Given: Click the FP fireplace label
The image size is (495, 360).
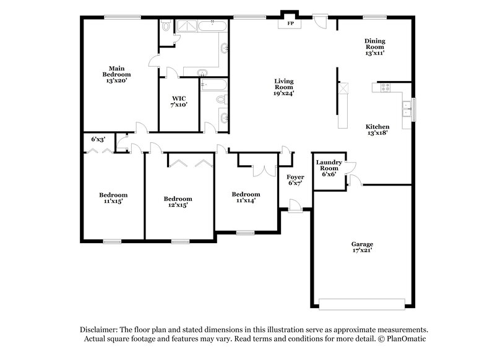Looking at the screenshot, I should coord(290,24).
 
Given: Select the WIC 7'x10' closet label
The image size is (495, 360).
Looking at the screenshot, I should coord(179,101).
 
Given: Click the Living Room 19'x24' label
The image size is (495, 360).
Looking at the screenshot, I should coord(284,87).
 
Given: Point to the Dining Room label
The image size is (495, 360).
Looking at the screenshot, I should coord(375,44).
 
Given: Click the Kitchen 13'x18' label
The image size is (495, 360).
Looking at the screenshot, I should coord(377,129).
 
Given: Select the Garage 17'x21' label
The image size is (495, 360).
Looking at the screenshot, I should coord(362,247).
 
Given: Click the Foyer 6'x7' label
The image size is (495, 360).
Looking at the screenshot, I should coord(296,180).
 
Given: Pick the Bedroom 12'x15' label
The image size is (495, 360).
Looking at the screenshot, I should coord(178,202).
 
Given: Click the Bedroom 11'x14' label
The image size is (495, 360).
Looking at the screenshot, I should coord(246,197).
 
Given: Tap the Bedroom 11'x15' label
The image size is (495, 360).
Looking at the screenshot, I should coord(113,198).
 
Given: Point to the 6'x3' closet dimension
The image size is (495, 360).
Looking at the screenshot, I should coord(98,140).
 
